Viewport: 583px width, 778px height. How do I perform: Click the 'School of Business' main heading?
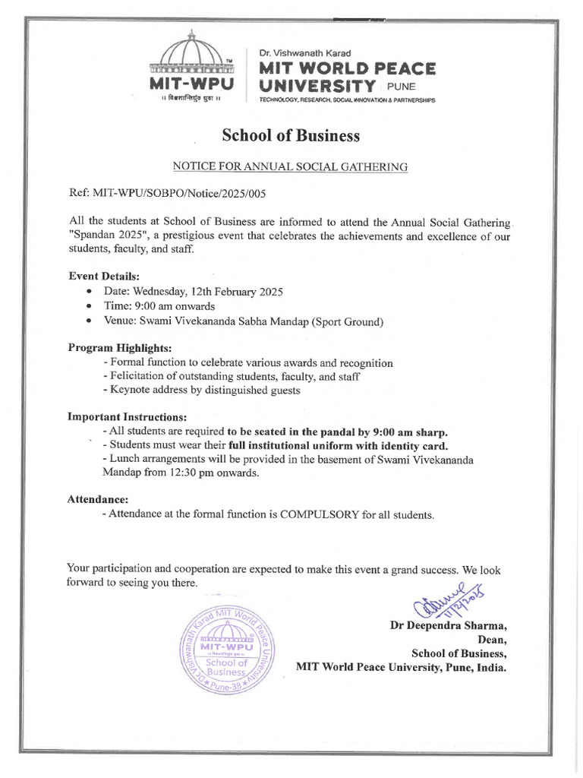[x=291, y=136]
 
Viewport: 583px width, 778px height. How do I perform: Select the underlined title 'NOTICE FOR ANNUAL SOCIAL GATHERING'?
[x=291, y=166]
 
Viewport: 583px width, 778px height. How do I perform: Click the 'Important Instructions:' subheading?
[x=127, y=417]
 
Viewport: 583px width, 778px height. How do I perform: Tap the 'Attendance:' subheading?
[x=97, y=500]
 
